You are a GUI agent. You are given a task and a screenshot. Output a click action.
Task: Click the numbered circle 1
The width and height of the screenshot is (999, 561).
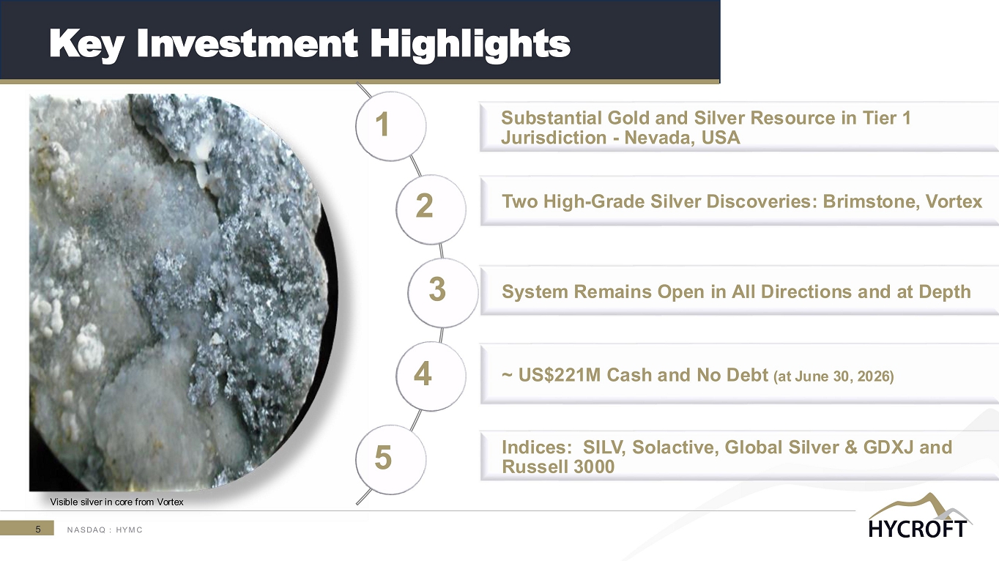click(390, 126)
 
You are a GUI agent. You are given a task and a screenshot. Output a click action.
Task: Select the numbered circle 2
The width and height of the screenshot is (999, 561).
click(431, 209)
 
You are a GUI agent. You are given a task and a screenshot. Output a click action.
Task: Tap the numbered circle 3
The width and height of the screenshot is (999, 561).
click(443, 292)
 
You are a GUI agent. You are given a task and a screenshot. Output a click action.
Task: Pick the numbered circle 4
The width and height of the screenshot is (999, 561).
click(431, 376)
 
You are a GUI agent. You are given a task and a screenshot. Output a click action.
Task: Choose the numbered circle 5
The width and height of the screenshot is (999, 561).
click(390, 459)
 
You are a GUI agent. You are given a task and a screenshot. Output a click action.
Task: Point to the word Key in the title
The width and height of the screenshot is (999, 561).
click(86, 45)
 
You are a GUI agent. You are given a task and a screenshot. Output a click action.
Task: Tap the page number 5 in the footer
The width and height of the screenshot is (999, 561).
click(38, 529)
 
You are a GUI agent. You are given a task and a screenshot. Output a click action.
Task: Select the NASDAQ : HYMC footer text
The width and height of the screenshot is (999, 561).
click(105, 530)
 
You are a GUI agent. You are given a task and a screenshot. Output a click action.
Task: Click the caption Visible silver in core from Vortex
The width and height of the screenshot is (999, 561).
click(117, 502)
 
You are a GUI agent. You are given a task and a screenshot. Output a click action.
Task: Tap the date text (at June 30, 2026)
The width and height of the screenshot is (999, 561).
click(833, 376)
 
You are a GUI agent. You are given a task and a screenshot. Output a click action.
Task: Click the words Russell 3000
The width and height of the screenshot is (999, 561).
click(558, 467)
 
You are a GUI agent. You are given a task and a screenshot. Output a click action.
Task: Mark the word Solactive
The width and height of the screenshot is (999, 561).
click(675, 447)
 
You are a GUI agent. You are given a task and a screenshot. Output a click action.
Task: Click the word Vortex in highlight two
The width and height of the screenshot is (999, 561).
click(954, 201)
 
